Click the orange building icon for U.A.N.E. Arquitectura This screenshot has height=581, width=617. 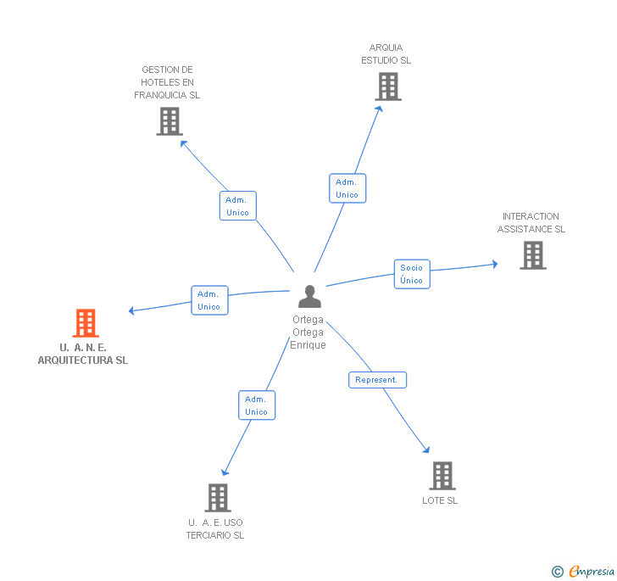point(86,323)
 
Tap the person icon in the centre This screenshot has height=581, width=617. point(310,297)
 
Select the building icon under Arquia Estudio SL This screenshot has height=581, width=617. point(387,87)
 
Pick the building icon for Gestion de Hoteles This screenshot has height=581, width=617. point(170,121)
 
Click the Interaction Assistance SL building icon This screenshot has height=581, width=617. point(532,255)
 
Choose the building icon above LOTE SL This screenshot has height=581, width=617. point(442,476)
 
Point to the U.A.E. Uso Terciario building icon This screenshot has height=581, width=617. point(218,498)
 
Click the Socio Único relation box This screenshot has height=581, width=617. point(411,274)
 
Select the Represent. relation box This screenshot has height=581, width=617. point(377,380)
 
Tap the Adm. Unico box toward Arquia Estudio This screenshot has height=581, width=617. point(347,188)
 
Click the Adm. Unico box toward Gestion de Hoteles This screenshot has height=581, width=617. point(237,206)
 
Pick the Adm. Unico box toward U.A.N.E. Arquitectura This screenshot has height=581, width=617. point(209,300)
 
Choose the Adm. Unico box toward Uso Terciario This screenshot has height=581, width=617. point(256,405)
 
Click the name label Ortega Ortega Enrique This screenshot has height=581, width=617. point(308,332)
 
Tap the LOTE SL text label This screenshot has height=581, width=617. point(440,500)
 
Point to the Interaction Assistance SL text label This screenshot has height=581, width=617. point(531,223)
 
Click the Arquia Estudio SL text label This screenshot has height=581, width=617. point(386,54)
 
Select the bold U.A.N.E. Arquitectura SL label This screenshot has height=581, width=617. point(83,354)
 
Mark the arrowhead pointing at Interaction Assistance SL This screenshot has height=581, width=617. point(494,265)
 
